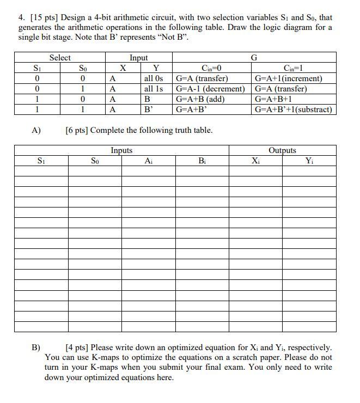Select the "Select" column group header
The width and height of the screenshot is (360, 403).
[60, 58]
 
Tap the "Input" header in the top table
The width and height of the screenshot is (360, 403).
[138, 58]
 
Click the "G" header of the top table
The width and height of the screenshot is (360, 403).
[253, 58]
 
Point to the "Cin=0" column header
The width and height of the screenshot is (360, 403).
[211, 68]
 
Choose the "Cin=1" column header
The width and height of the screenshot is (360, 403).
[294, 68]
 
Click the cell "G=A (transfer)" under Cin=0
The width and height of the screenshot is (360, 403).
[202, 78]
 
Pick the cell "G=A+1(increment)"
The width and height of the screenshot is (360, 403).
[289, 78]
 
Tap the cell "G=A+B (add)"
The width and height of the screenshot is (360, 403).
[200, 99]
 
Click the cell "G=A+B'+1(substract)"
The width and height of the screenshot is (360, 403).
[293, 109]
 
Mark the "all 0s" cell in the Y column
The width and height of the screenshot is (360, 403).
[154, 78]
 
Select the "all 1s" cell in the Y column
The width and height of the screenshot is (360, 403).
[154, 89]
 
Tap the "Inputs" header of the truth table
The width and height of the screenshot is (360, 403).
[121, 150]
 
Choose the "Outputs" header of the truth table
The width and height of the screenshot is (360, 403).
[282, 150]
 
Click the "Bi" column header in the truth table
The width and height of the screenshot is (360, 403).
[202, 161]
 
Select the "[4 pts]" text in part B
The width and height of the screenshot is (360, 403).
[78, 347]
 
